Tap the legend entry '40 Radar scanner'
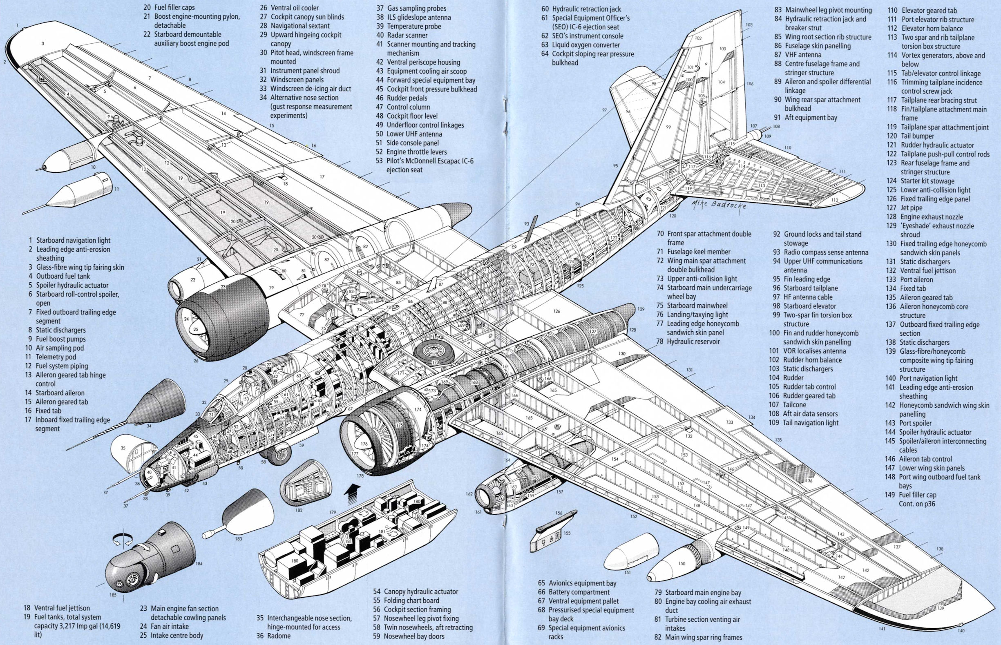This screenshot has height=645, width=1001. point(402,35)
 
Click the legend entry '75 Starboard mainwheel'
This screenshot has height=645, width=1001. point(691,306)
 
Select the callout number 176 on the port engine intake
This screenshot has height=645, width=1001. point(364,444)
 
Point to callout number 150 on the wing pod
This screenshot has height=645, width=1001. point(681,563)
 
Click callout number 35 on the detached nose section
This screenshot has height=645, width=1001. point(123,448)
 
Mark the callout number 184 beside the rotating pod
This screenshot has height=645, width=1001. point(199,564)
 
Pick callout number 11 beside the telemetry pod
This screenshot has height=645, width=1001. point(116,189)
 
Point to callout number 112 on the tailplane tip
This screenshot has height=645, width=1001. point(835,200)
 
